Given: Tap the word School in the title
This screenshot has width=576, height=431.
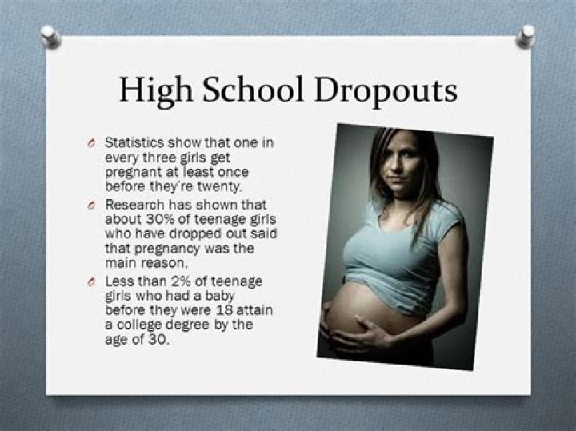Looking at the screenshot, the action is (253, 90).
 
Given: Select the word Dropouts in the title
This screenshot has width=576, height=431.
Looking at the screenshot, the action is (386, 91).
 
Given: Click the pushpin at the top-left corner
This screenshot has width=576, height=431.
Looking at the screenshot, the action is (50, 36).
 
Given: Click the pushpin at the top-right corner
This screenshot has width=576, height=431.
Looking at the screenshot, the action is (526, 36).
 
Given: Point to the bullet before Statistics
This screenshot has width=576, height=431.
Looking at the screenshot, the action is (91, 143).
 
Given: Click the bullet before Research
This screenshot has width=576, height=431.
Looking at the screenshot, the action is (91, 205).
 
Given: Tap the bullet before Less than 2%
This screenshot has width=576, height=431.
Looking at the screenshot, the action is (91, 282).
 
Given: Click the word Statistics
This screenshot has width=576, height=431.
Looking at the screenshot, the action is (134, 142).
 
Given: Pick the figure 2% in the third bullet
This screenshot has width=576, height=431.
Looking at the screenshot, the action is (181, 281).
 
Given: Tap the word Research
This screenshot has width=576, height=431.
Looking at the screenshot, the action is (135, 205).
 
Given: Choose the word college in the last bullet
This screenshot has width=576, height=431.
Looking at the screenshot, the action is (139, 325).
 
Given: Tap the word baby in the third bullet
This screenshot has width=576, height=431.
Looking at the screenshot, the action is (220, 297).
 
